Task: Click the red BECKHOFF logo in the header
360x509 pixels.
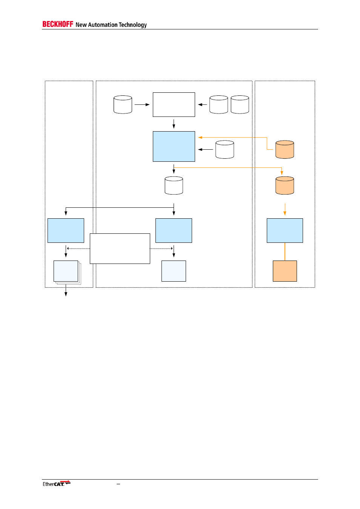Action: [57, 24]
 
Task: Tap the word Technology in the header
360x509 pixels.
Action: [132, 25]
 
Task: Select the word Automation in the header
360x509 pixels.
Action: [103, 25]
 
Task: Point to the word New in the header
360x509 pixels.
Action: [81, 25]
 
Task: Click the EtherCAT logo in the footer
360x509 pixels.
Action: [56, 483]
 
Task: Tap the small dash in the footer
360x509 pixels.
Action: [118, 484]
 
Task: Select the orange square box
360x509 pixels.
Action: [285, 271]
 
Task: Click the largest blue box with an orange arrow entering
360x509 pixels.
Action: [174, 146]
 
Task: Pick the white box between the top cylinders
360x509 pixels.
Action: [174, 104]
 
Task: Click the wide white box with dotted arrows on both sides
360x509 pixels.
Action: [120, 248]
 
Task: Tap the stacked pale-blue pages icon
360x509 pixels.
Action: [66, 271]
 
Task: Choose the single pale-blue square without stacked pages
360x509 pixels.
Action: [174, 271]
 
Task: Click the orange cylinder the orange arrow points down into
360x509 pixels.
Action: [285, 186]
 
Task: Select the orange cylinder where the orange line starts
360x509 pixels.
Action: [285, 150]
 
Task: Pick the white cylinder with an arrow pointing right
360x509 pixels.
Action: [123, 104]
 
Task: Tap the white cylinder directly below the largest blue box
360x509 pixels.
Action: [174, 186]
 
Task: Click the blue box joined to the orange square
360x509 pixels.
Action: [285, 230]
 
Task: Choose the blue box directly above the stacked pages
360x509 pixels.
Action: [66, 230]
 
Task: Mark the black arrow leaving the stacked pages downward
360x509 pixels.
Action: [66, 291]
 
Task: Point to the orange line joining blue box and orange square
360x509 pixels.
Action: [285, 251]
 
